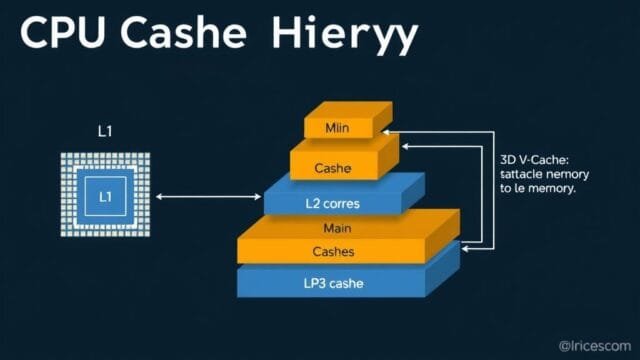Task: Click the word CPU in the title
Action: click(x=62, y=35)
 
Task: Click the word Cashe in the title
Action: click(x=189, y=35)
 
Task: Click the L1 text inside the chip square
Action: click(x=105, y=197)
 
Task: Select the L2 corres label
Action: click(x=333, y=203)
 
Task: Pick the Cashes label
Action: click(x=333, y=251)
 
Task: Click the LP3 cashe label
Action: click(x=333, y=283)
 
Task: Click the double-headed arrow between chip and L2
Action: click(x=208, y=197)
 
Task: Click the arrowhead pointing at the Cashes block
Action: click(x=463, y=243)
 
